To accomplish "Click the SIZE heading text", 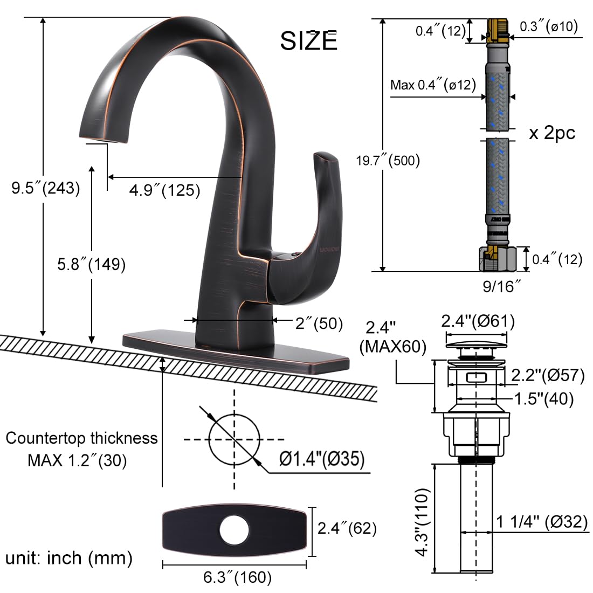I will tap(308, 41).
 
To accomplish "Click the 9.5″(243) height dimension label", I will tap(46, 188).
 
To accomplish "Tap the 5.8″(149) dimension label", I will tap(91, 264).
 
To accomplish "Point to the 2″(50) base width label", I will tap(319, 323).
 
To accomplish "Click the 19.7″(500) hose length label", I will tap(387, 160).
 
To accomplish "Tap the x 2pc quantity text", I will tap(551, 133).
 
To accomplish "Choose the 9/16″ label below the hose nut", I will tap(501, 286).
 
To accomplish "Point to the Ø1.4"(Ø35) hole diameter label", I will tap(322, 459).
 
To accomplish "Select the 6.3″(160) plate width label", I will tap(237, 577).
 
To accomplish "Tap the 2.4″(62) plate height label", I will tap(347, 528).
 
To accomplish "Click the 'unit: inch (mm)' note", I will tap(69, 557).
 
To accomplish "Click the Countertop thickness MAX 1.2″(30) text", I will tap(81, 449).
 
